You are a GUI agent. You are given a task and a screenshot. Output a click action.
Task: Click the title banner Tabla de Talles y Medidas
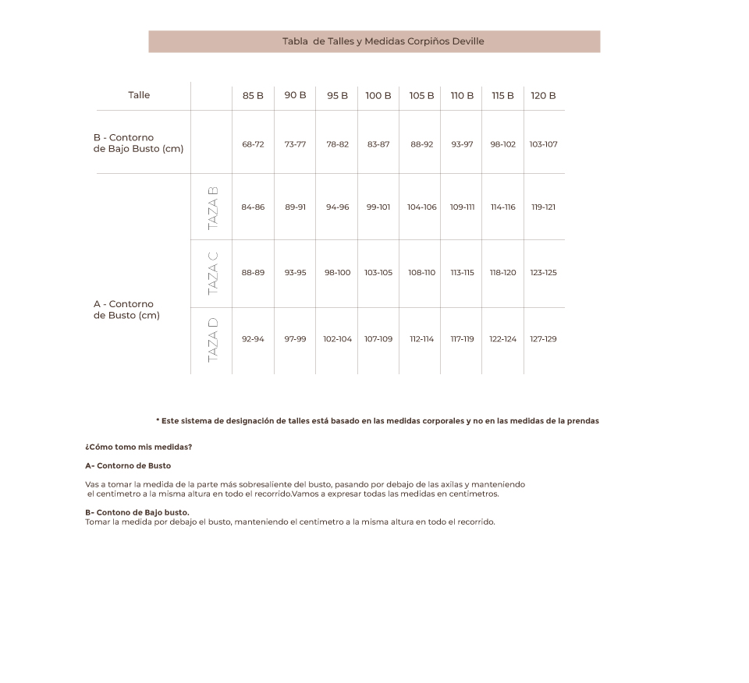(x=374, y=41)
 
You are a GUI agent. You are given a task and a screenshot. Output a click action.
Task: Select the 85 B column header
(x=253, y=96)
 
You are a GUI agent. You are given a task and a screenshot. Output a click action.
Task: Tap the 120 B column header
(x=543, y=96)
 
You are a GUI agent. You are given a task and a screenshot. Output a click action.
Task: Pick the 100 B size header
(x=378, y=96)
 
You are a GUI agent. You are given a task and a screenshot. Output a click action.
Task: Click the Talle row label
(x=139, y=95)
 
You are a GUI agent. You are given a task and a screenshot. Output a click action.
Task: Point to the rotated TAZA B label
(x=212, y=207)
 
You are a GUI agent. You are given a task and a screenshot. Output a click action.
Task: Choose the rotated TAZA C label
(x=212, y=273)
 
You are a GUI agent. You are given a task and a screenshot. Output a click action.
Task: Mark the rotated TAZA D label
(x=212, y=340)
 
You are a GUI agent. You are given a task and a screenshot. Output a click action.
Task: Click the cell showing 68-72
(x=253, y=144)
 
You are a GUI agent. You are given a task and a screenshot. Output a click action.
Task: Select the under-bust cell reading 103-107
(x=543, y=144)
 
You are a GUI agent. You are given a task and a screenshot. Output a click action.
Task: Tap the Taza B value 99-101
(x=378, y=207)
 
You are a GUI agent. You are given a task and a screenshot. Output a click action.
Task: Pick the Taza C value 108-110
(x=421, y=273)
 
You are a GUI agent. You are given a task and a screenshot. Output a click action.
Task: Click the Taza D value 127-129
(x=543, y=339)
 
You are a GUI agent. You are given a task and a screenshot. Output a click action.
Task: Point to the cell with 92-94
(x=253, y=339)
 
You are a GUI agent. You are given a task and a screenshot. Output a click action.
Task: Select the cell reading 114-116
(x=502, y=207)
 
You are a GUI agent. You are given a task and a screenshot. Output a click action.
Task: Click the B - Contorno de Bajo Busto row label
(x=138, y=143)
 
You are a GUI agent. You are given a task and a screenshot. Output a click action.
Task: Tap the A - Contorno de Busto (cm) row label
(x=126, y=310)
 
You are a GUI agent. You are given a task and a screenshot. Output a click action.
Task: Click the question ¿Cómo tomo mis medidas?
(x=138, y=447)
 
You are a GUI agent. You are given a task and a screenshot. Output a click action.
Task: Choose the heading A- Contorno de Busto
(x=128, y=465)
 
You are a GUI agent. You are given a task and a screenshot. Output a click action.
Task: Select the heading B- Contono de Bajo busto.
(x=137, y=512)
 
